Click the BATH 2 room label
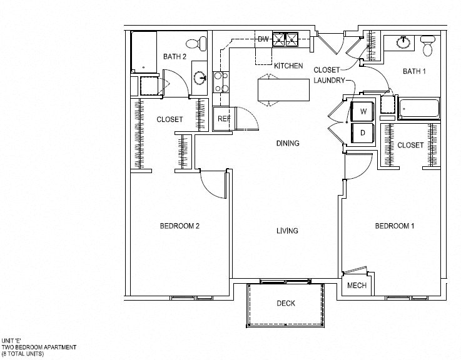tap(175, 57)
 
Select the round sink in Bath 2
tap(201, 79)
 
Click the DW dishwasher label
tap(264, 40)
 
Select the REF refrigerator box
tap(223, 119)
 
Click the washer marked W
tap(362, 112)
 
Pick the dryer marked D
tap(362, 132)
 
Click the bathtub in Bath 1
tap(420, 109)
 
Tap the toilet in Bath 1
tap(428, 46)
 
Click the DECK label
tap(286, 304)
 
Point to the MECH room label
tap(357, 287)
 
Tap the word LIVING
tap(287, 231)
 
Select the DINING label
tap(288, 143)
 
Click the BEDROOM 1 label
tap(394, 226)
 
